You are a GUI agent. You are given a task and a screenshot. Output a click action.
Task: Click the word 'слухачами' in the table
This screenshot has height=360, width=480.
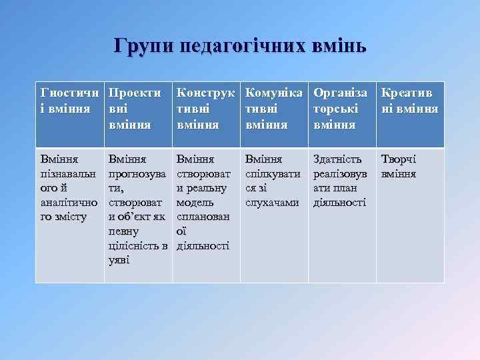point(272,202)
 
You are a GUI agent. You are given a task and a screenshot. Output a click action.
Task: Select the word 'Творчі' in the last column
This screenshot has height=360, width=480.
point(398,159)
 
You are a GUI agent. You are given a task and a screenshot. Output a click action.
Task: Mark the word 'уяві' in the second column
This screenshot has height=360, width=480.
point(119,260)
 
